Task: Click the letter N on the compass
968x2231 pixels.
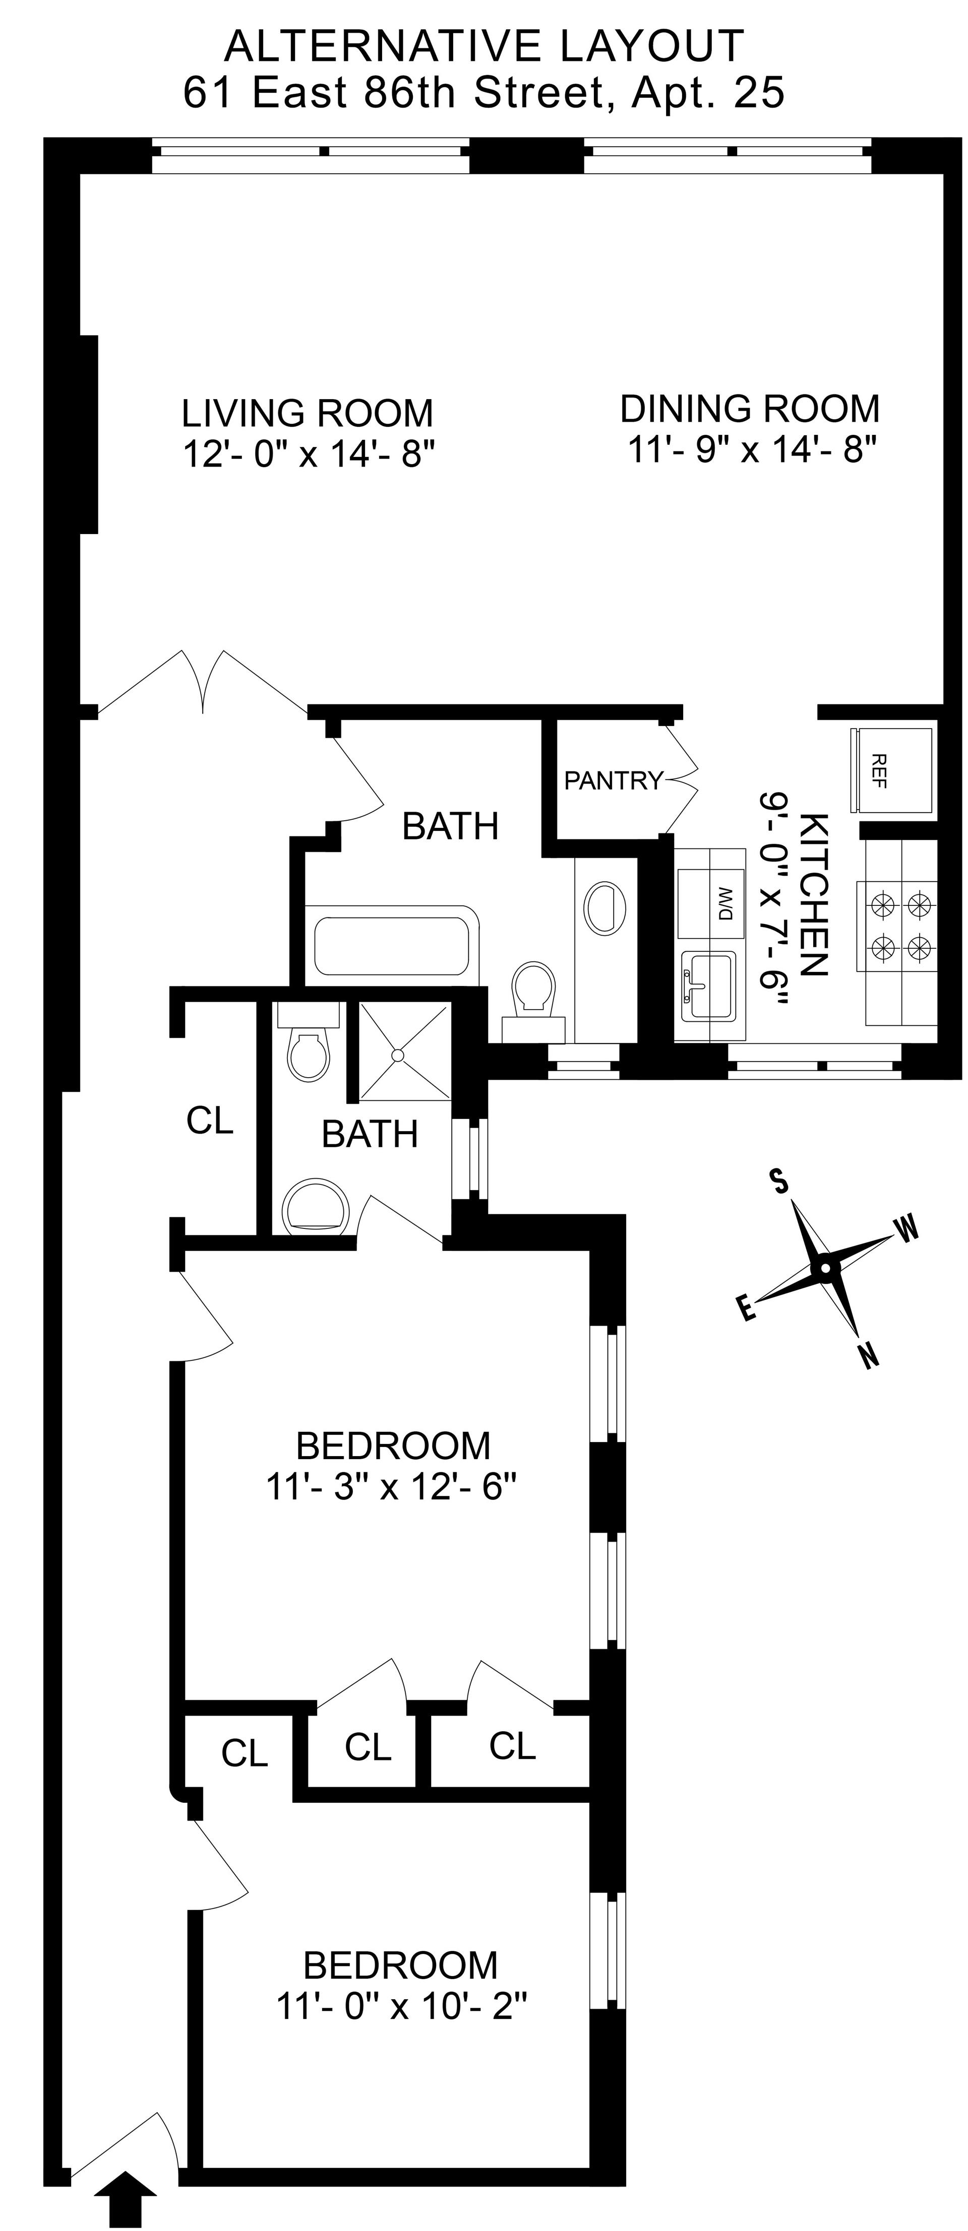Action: [868, 1354]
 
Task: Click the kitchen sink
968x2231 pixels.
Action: [709, 986]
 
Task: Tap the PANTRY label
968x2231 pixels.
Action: [613, 780]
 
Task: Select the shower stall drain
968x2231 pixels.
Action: [399, 1055]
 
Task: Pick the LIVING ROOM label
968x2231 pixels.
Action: [308, 413]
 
